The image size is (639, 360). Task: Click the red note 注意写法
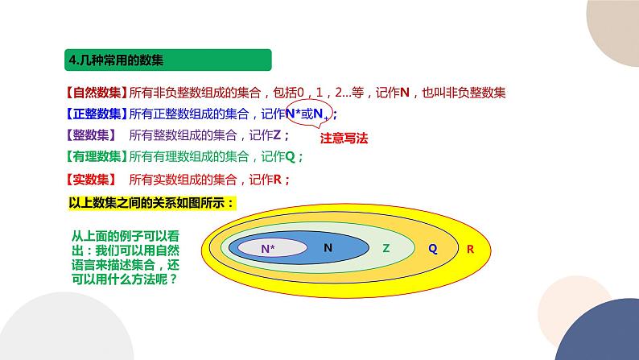(343, 138)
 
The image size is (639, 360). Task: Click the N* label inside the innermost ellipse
(268, 249)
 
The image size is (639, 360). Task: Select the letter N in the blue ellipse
(328, 248)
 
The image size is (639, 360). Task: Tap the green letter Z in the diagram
(386, 248)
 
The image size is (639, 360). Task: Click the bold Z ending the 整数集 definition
(277, 135)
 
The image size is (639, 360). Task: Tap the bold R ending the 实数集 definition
(277, 178)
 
